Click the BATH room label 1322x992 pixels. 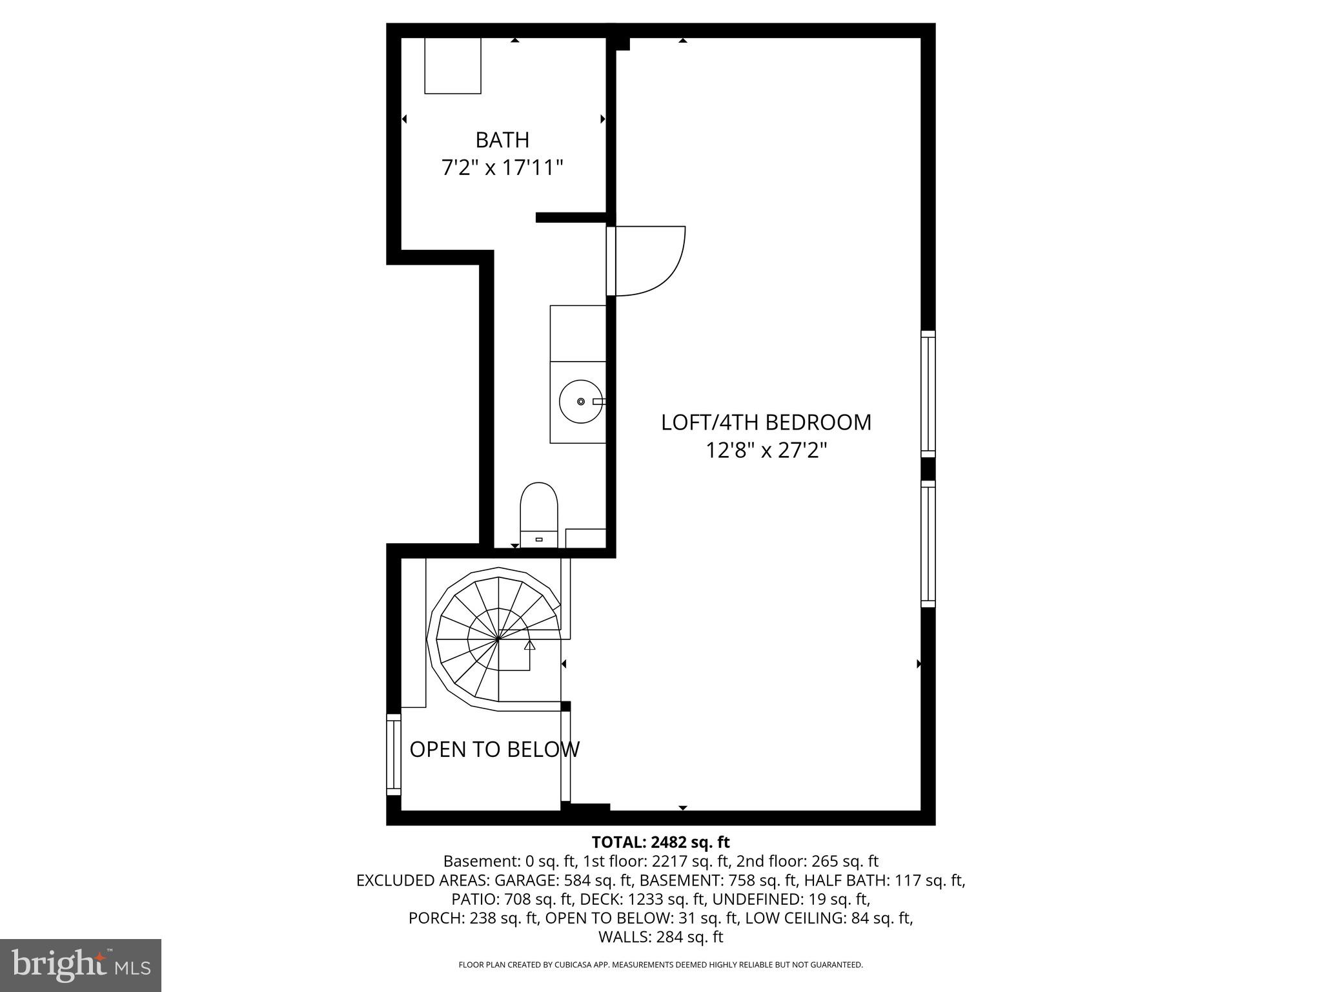click(x=502, y=140)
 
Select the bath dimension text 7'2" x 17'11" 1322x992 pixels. click(x=502, y=169)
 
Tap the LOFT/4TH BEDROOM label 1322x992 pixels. click(x=766, y=422)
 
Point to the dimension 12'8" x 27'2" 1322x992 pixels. click(x=766, y=450)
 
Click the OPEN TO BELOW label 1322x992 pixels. click(x=494, y=749)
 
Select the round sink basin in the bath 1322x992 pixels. click(x=580, y=402)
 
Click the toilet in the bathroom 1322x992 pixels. click(x=538, y=513)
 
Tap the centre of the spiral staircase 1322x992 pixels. click(x=498, y=638)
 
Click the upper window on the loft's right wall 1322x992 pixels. click(x=928, y=394)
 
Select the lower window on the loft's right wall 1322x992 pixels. click(x=928, y=544)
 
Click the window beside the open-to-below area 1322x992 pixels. click(x=393, y=754)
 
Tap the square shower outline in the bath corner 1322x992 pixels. click(x=453, y=66)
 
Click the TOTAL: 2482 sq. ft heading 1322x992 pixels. click(x=660, y=842)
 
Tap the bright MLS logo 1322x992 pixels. click(x=81, y=965)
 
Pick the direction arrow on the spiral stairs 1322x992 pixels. click(x=529, y=645)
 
